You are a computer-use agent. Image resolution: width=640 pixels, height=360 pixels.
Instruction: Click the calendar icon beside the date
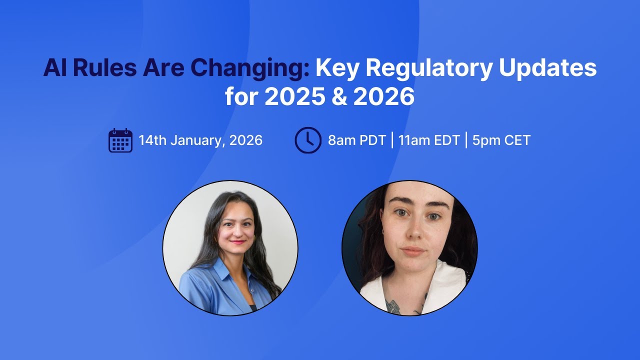[120, 140]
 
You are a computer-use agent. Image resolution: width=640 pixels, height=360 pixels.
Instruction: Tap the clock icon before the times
[307, 140]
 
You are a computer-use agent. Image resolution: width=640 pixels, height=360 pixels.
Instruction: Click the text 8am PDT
[356, 140]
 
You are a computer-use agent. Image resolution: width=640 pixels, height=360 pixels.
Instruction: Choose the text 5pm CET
[501, 140]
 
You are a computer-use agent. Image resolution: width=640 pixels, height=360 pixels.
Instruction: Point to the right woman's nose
[414, 231]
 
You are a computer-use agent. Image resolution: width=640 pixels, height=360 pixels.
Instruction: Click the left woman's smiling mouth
[237, 242]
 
